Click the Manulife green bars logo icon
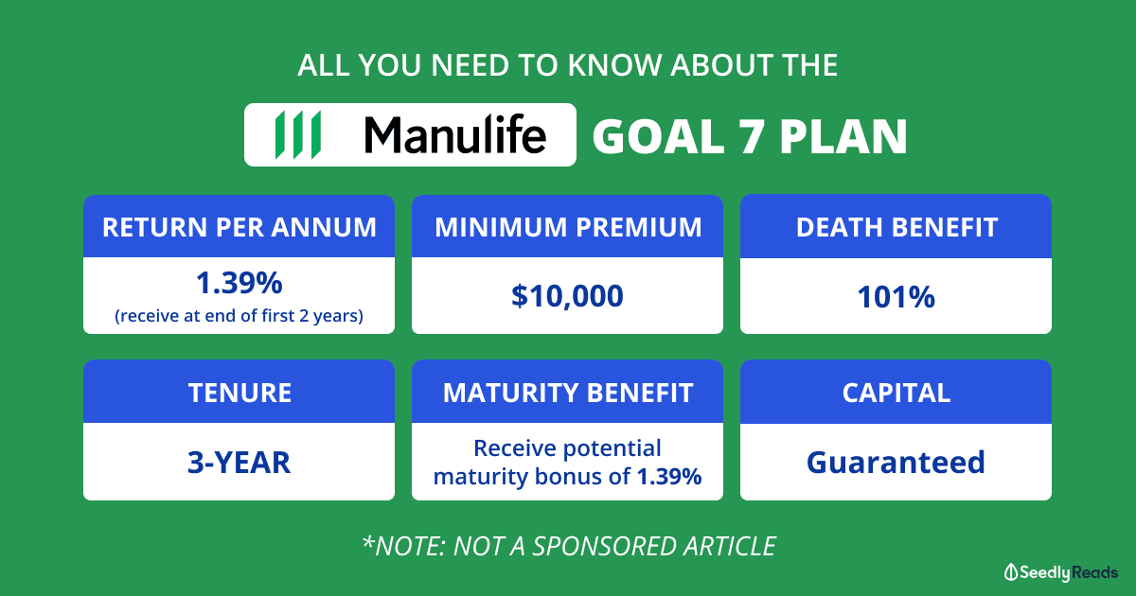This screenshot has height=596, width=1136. [297, 134]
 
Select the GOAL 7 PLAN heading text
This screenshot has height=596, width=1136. [750, 136]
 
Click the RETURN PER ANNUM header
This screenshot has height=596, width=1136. [240, 227]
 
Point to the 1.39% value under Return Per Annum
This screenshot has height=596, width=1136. [239, 283]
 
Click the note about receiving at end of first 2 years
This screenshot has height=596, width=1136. [239, 316]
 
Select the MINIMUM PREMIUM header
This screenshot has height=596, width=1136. [568, 227]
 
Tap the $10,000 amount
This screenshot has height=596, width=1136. [567, 296]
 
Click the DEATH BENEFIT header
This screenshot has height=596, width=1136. [896, 227]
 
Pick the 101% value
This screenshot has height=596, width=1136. [896, 297]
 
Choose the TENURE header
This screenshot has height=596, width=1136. [240, 393]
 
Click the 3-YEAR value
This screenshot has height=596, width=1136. [239, 463]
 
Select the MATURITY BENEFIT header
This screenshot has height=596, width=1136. [568, 393]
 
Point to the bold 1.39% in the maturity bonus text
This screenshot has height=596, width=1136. [669, 477]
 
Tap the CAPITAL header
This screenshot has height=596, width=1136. [896, 393]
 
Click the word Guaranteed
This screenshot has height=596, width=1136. [896, 463]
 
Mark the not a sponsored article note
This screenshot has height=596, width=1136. [569, 547]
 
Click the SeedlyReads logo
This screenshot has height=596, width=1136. [1061, 572]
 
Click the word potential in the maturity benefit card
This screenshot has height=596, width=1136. [612, 449]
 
